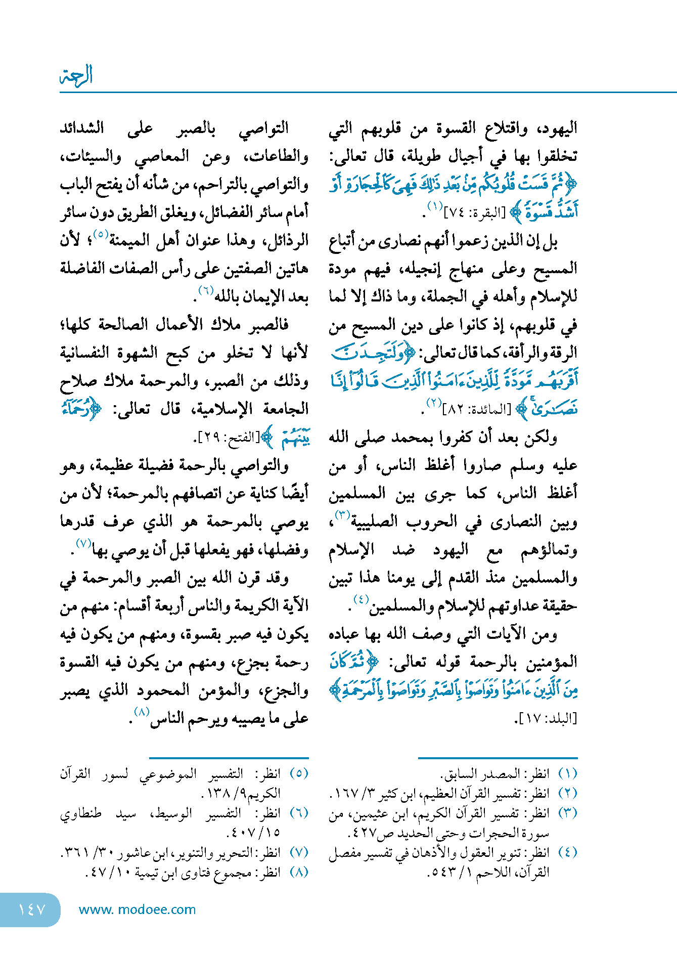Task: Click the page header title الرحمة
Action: tap(76, 76)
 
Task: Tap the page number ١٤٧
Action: tap(32, 909)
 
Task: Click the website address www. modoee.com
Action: tap(137, 909)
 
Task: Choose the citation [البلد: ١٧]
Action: tap(546, 718)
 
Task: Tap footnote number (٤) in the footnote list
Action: tap(567, 853)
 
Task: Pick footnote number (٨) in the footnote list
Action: tap(299, 873)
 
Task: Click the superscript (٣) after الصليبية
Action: tap(342, 516)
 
